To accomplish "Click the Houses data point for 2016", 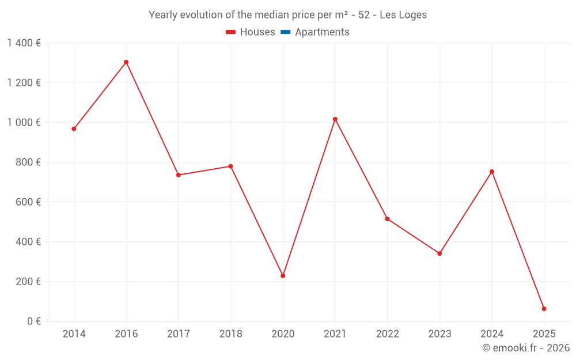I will pos(126,62).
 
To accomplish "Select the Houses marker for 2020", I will pos(283,276).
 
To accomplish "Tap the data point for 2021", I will pos(335,119).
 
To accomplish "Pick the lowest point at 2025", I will pos(544,309).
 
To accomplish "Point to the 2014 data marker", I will pos(74,129).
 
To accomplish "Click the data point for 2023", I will pos(439,253).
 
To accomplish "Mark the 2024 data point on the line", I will pos(492,172).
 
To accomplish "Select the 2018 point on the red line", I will pos(230,166).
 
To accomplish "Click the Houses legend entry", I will pos(251,32).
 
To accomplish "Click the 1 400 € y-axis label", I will pos(24,43).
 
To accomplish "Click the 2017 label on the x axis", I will pos(179,334).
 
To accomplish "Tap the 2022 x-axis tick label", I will pos(387,334).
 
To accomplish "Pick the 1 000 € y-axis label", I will pos(24,123).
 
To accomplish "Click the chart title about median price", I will pos(287,15).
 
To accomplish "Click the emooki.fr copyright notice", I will pos(526,348).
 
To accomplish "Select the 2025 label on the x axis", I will pos(544,334).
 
